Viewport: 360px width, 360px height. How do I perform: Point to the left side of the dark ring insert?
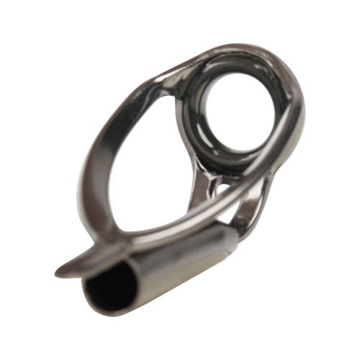click(x=198, y=119)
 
